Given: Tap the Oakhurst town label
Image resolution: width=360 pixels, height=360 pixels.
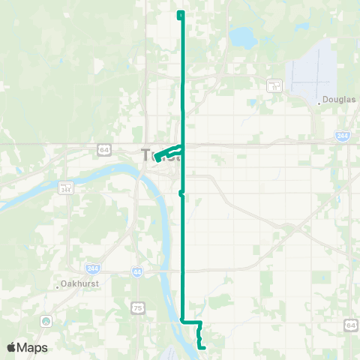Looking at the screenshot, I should point(76,286).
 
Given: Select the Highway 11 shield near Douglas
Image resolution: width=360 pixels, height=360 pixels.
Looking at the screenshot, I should point(274,85).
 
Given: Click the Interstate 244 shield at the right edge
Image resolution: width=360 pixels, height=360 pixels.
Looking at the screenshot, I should point(342,135).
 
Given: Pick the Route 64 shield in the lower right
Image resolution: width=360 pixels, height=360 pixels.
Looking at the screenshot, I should point(351,324).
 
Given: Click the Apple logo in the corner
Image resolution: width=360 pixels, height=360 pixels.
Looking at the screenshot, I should point(11,347).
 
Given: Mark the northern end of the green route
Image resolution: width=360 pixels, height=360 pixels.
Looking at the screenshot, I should point(181,14).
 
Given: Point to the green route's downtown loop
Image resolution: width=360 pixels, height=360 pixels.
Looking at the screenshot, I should point(166,152).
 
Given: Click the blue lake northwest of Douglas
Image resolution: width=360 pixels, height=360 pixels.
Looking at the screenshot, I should point(241,35).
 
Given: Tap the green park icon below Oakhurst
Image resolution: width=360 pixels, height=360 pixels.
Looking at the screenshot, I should point(46,321).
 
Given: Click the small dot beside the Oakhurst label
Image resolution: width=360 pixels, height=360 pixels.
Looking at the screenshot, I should point(58,286).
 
